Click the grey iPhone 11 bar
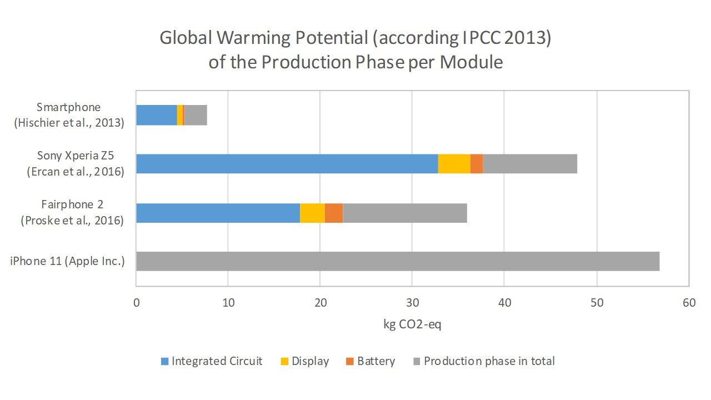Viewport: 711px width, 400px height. [398, 261]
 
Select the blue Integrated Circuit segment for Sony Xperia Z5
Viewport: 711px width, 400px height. [287, 163]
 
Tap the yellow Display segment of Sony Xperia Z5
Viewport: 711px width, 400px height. [454, 163]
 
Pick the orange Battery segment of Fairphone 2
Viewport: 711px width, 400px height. [333, 213]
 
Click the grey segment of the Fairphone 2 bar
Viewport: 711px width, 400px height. [405, 213]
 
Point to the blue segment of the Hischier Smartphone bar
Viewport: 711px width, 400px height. [156, 115]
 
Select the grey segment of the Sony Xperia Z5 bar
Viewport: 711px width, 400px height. [530, 163]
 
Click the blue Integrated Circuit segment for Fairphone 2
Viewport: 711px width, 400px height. [218, 213]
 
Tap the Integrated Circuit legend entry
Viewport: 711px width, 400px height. [211, 361]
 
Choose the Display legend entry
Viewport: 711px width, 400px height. [304, 361]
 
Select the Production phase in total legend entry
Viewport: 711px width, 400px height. [483, 361]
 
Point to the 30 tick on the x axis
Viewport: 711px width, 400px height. [412, 303]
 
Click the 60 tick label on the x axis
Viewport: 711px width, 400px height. [688, 303]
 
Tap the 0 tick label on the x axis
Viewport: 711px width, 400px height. [136, 303]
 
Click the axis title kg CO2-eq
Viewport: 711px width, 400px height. [412, 324]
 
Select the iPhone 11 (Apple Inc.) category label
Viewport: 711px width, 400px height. [67, 261]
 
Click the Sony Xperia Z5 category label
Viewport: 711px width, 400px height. [75, 163]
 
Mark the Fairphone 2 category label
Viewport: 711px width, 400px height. [72, 213]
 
